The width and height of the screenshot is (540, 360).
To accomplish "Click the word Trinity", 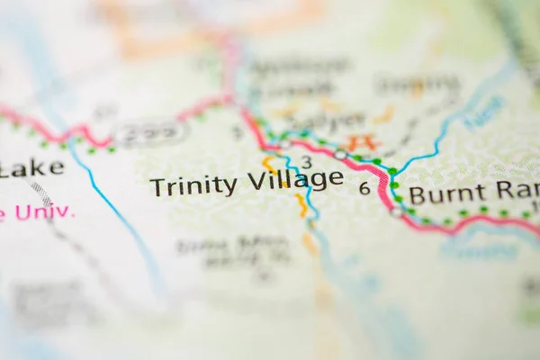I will coord(193,186).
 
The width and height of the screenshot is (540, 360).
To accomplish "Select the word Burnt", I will coord(445,193).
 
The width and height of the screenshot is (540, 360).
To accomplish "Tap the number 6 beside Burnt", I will coord(364,188).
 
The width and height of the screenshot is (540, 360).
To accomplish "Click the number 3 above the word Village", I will coord(307,162).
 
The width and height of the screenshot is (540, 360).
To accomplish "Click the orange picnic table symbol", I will coord(363,141).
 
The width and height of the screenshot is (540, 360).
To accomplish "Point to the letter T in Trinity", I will coord(157,187).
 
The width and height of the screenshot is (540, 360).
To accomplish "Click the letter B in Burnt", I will coord(417,194).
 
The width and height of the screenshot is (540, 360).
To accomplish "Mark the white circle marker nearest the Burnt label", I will coord(397,211).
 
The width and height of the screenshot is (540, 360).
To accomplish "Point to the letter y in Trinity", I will coord(230,188).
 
